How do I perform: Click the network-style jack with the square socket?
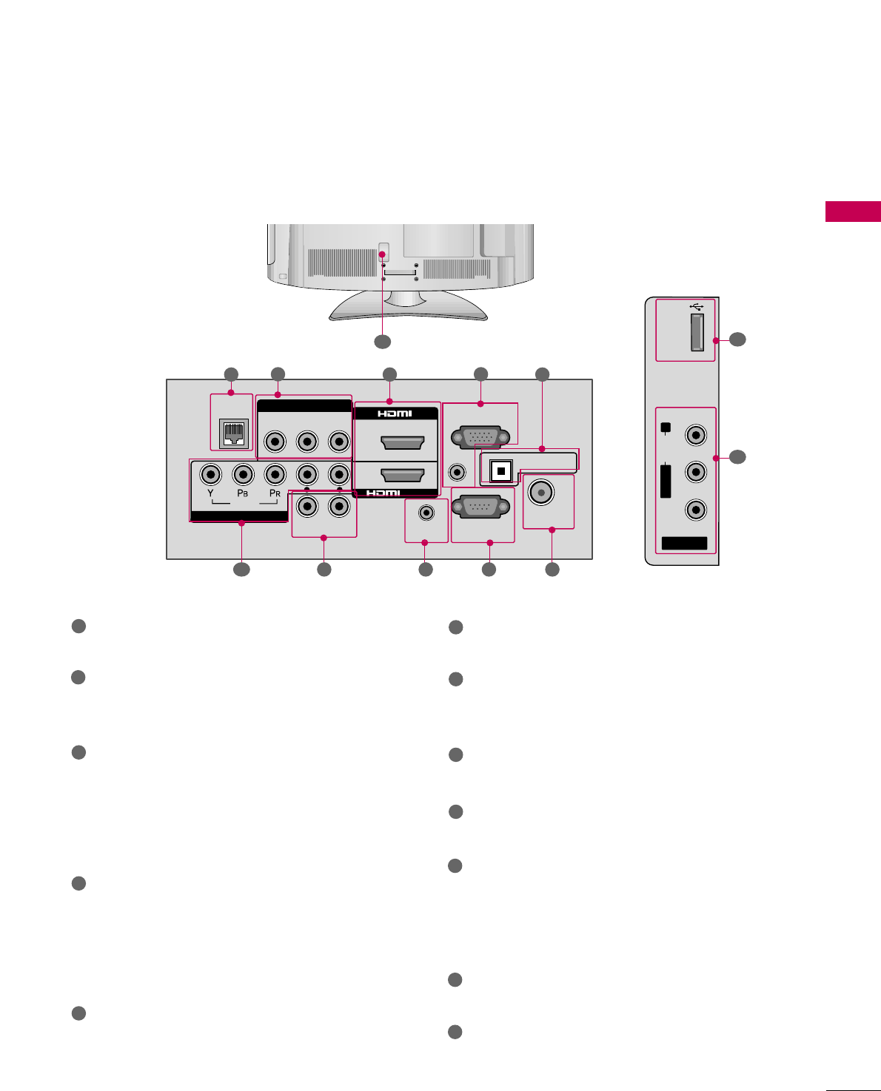[x=233, y=433]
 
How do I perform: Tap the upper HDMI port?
[x=401, y=442]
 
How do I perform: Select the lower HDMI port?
[x=401, y=474]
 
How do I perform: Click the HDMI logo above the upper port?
[x=395, y=413]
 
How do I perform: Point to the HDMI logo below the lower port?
[x=383, y=493]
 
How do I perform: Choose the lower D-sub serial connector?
[x=481, y=507]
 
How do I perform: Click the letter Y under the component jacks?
[x=211, y=493]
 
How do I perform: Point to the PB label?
[x=242, y=493]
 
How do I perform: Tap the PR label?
[x=275, y=493]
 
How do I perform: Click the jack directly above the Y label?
[x=211, y=473]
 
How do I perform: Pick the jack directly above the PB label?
[x=243, y=473]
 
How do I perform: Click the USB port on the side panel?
[x=697, y=331]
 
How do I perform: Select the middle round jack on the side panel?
[x=696, y=471]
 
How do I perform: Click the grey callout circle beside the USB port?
[x=737, y=340]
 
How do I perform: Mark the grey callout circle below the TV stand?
[x=382, y=342]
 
